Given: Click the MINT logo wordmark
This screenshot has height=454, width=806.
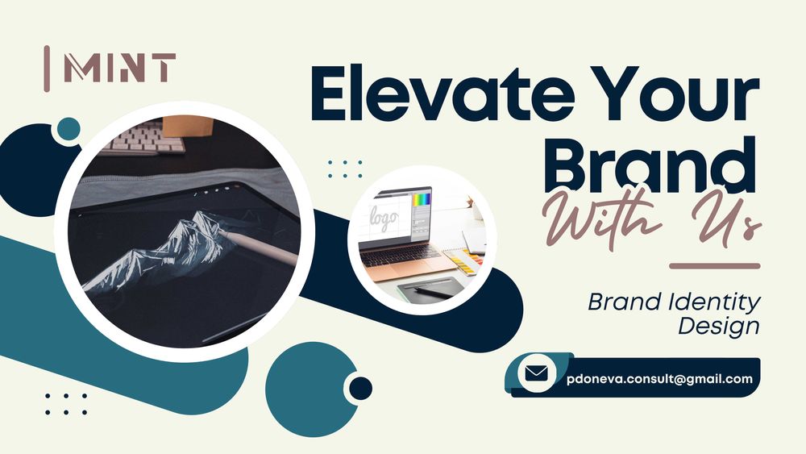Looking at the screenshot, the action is point(120,68).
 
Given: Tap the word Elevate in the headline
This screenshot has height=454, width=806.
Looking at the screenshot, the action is point(442,94).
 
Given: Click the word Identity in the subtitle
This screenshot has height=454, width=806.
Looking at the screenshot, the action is point(713,302).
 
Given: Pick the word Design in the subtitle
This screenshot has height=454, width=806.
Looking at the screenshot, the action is point(719,326).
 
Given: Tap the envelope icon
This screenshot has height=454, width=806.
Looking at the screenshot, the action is point(537,373).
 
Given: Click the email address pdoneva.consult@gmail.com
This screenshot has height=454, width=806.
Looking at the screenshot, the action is point(659,380).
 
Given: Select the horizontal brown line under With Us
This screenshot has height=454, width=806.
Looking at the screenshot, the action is point(714,266).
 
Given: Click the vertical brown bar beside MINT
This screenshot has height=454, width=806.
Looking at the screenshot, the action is point(47,69).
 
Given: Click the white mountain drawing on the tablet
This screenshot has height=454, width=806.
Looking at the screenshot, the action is point(158,251).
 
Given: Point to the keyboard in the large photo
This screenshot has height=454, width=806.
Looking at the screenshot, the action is point(145,137).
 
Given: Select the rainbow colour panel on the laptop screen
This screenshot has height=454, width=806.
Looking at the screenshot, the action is point(422,200).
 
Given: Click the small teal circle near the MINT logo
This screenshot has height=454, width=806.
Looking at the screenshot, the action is point(69,128).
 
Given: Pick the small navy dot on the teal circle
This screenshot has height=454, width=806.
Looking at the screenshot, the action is point(361,388).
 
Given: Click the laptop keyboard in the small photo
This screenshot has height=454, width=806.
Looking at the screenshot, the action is point(400,252).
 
